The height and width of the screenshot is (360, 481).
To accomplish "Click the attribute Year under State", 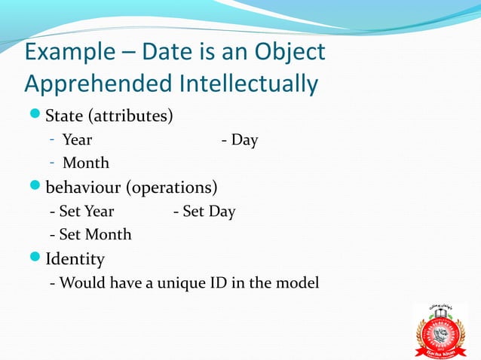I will [77, 140].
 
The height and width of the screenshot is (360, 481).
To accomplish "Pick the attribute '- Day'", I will [240, 140].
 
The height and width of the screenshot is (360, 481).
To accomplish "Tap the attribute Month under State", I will [85, 163].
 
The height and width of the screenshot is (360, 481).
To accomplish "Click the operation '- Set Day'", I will [204, 212].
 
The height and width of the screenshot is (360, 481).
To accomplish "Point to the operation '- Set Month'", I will [90, 235].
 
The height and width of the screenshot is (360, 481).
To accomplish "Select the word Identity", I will [75, 260].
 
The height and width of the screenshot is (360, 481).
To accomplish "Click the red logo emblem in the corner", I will [442, 332].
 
